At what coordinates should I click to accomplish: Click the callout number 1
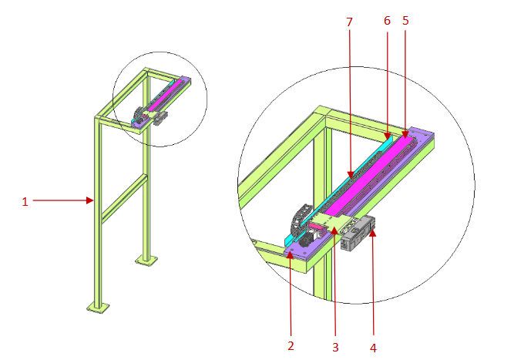(25, 202)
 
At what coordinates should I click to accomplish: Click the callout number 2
(291, 346)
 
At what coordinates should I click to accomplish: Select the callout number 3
(335, 347)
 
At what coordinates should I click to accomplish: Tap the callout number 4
(373, 347)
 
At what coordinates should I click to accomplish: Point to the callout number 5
(405, 22)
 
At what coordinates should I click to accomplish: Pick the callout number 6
(387, 22)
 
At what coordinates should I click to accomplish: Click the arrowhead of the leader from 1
(92, 201)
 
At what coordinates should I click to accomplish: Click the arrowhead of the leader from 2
(291, 251)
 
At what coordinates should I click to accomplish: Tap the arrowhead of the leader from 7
(350, 177)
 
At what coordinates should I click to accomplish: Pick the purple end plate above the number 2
(297, 245)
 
